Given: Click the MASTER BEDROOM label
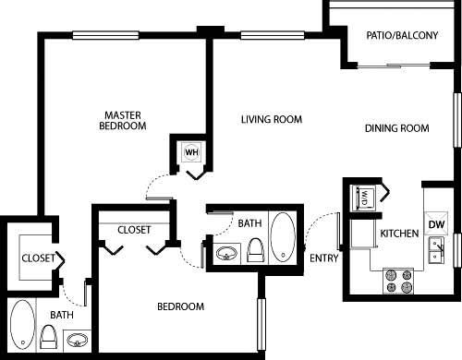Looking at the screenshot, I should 124,120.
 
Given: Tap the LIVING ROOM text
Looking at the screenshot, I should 272,119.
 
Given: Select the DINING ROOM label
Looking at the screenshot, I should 396,128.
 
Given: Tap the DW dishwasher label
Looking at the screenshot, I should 437,224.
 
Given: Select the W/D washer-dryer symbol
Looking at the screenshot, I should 364,198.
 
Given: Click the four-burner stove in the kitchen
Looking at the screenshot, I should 398,280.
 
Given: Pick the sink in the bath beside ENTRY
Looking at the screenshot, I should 225,253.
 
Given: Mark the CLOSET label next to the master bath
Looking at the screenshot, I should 38,258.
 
